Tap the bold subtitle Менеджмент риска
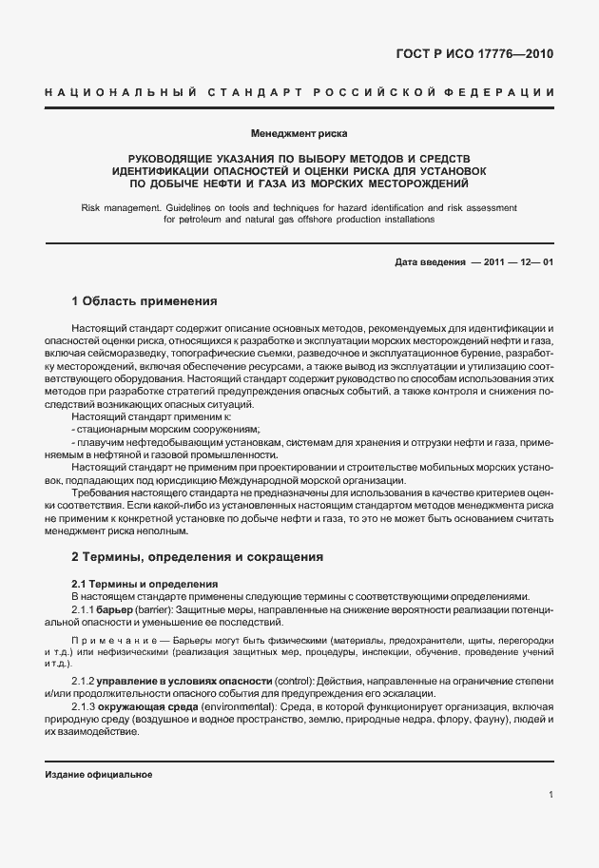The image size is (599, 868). coord(299,133)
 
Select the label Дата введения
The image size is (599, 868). coord(428,262)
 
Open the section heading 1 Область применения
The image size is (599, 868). coord(145,301)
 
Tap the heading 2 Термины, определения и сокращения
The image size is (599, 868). coord(198,556)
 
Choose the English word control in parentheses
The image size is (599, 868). coord(295,683)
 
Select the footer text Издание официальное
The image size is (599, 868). coord(99,774)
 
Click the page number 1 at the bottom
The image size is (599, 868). coord(551,795)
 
